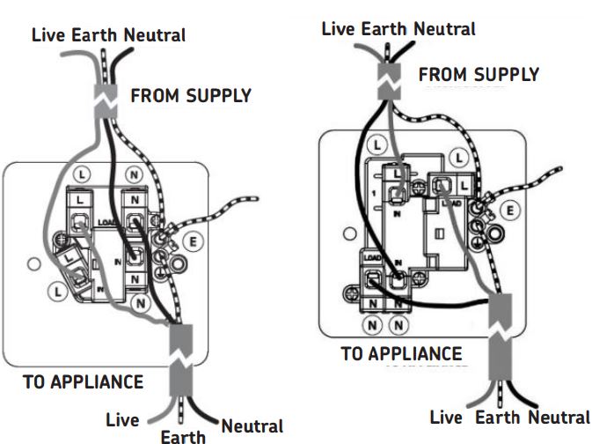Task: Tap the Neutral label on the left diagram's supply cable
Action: (x=155, y=36)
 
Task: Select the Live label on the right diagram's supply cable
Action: (x=339, y=28)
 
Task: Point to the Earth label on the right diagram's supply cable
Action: (x=384, y=28)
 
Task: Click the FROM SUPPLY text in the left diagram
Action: (x=191, y=95)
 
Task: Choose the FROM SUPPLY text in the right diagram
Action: (x=479, y=74)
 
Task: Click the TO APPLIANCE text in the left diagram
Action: (x=83, y=382)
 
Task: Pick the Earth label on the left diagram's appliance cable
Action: (x=182, y=435)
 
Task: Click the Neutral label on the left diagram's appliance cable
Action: (x=252, y=426)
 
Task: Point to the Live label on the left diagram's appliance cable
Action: (x=121, y=419)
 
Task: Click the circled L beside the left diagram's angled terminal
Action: (x=58, y=289)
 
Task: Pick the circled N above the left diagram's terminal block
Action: (x=134, y=174)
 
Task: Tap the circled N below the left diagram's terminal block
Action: (x=139, y=302)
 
